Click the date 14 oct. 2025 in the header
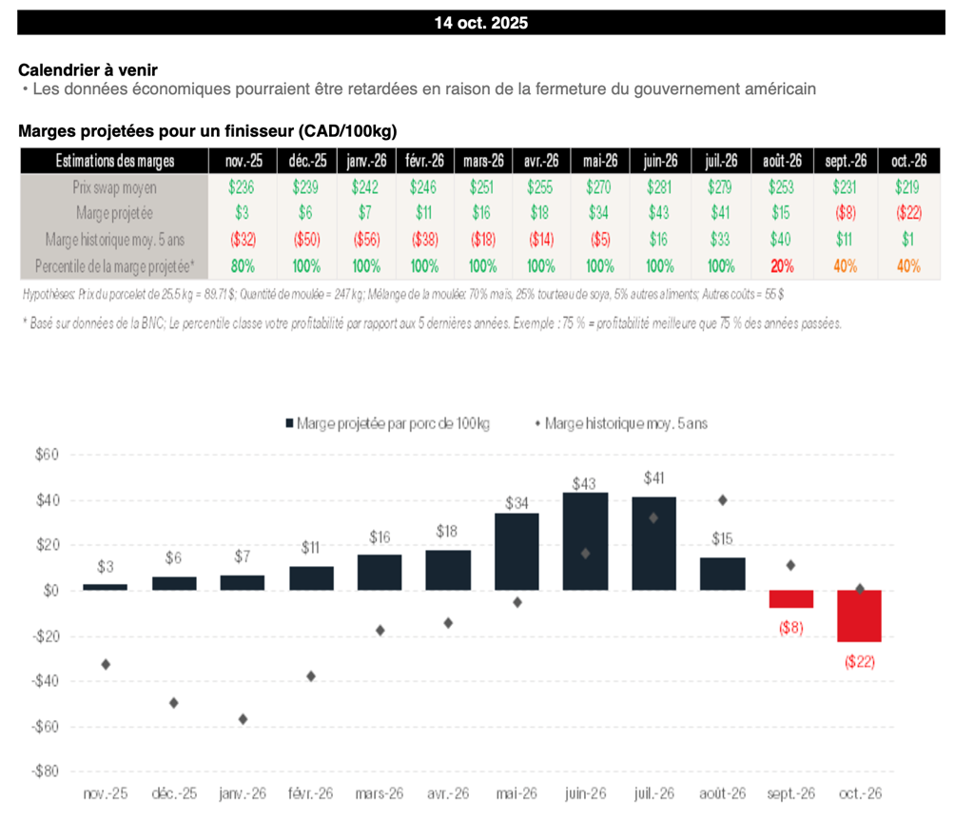click(480, 23)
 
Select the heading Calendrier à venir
click(88, 70)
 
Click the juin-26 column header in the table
click(659, 162)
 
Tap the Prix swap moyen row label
click(114, 187)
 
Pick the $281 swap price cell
click(659, 187)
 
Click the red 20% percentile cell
click(783, 266)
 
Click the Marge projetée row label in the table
click(114, 214)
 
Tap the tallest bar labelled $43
click(585, 540)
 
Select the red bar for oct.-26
click(859, 615)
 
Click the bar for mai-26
click(516, 552)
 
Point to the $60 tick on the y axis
click(47, 455)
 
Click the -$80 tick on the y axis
click(44, 771)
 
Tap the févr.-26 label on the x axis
click(311, 793)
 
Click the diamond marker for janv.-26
click(243, 719)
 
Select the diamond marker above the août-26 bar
click(723, 500)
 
